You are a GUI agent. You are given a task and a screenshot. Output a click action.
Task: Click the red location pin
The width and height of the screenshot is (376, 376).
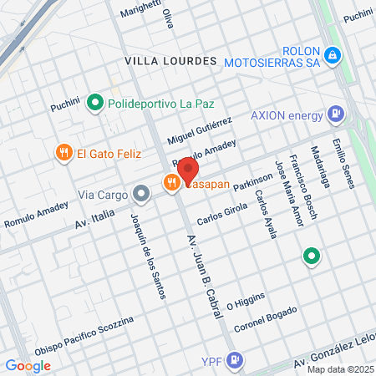(188, 170)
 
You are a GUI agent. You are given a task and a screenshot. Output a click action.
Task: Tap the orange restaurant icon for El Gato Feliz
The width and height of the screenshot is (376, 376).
(64, 152)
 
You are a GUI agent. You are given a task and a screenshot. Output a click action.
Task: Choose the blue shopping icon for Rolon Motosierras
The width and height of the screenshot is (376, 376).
(333, 55)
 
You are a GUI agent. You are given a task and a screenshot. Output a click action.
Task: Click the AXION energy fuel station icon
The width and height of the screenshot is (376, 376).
(335, 113)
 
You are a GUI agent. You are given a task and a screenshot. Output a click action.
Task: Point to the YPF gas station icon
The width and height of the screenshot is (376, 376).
(236, 359)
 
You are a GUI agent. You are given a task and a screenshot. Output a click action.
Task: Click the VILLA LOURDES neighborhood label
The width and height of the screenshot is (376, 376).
(170, 61)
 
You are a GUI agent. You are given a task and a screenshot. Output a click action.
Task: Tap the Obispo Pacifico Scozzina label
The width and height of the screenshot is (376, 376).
(84, 336)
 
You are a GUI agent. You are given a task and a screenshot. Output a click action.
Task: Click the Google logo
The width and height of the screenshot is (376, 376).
(28, 365)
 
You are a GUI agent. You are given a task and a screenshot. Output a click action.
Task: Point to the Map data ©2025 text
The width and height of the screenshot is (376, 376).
(340, 369)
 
